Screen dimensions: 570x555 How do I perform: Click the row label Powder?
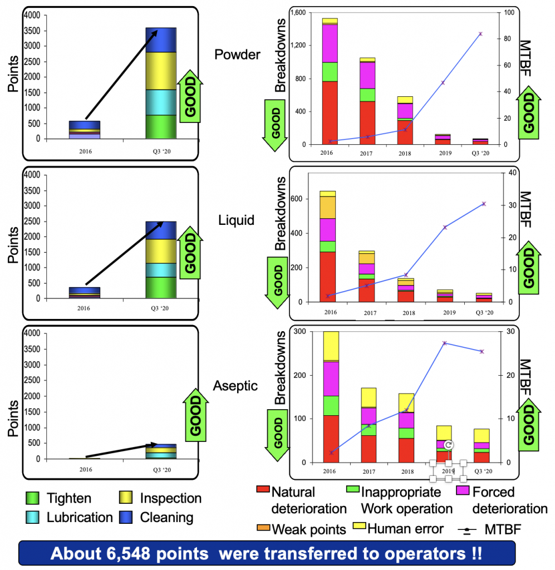pyautogui.click(x=237, y=55)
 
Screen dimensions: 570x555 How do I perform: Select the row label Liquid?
pyautogui.click(x=236, y=220)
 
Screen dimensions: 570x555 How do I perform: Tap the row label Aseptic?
pyautogui.click(x=235, y=385)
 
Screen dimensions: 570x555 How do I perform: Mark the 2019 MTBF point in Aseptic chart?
pyautogui.click(x=444, y=343)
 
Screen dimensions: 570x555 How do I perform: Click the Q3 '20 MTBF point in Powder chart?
pyautogui.click(x=480, y=34)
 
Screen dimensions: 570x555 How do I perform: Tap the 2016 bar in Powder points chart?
pyautogui.click(x=84, y=130)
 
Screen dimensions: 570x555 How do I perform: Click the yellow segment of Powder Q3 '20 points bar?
pyautogui.click(x=161, y=71)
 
